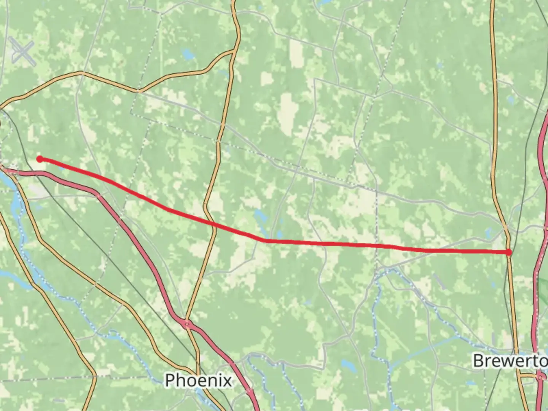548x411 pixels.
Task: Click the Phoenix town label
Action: coord(198,380)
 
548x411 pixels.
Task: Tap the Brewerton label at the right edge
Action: coord(510,360)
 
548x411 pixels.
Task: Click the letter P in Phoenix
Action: coord(170,380)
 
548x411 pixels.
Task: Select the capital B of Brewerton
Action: coord(478,360)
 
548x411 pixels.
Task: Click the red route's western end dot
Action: coord(40,159)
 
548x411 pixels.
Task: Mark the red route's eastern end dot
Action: coord(509,252)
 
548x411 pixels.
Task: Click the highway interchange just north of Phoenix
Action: coord(187,324)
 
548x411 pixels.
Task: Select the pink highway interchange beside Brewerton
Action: coord(540,377)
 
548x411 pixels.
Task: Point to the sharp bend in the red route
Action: coord(266,241)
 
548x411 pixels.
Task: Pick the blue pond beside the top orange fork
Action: coord(188,54)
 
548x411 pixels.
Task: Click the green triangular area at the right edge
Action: coord(543,289)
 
